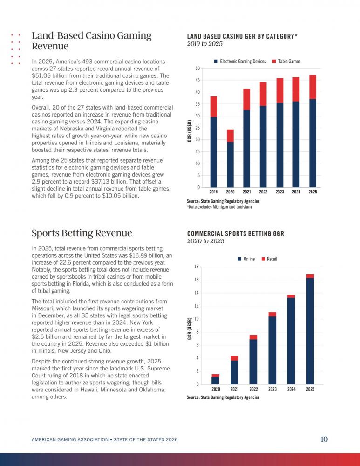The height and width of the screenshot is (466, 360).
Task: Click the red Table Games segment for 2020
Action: tap(230, 136)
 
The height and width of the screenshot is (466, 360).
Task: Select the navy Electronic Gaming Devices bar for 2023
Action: tap(279, 145)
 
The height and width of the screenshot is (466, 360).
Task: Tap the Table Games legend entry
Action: tap(286, 61)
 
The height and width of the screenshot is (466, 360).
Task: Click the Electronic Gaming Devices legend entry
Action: tap(240, 61)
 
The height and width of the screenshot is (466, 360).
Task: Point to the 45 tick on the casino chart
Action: tap(197, 80)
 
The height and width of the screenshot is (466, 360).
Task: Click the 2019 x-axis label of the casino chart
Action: tap(214, 192)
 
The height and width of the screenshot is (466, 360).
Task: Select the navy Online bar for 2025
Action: tap(310, 331)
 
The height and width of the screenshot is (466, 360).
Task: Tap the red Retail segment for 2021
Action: tap(234, 358)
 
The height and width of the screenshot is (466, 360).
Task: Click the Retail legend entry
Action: tap(269, 259)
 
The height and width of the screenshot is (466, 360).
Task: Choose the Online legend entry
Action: tap(246, 259)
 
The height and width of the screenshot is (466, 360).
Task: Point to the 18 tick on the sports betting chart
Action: tap(197, 267)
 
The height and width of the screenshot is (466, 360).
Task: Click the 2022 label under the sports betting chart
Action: tap(253, 389)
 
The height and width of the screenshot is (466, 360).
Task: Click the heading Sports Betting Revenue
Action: tap(82, 233)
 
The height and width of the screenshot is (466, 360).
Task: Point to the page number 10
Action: tap(324, 439)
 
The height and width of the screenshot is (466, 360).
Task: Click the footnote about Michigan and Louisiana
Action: tap(219, 207)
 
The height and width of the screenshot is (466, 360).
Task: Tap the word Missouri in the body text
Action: tap(42, 308)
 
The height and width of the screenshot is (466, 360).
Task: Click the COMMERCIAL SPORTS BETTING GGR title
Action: tap(236, 234)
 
